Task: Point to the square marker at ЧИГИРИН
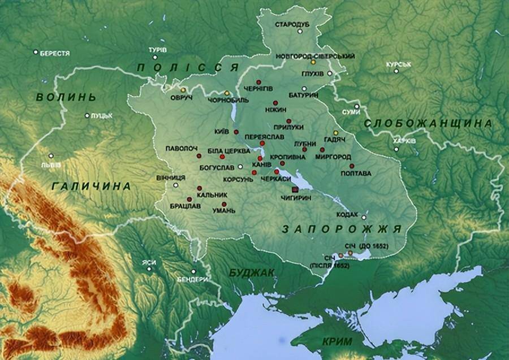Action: tap(295, 189)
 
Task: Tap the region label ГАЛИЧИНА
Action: tap(90, 185)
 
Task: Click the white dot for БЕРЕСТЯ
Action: tap(35, 53)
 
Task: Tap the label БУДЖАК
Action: tap(252, 273)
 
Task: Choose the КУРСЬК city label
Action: tap(399, 64)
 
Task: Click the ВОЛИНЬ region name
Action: tap(63, 97)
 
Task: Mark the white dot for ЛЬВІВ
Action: tap(52, 155)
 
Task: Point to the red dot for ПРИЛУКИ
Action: tap(288, 121)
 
